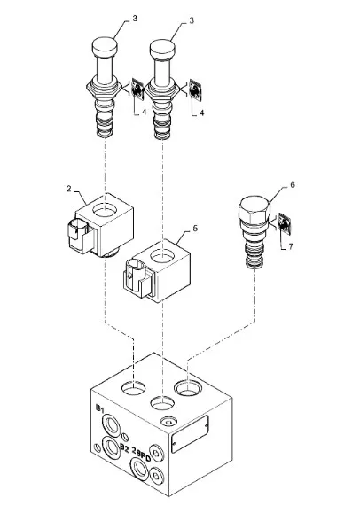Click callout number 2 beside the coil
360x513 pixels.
(68, 189)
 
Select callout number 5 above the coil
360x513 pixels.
(195, 228)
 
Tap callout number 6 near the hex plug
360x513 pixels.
(293, 184)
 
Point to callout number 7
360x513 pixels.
(291, 246)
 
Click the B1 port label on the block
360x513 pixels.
(100, 408)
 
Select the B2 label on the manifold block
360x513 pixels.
(124, 447)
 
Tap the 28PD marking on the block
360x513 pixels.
(141, 455)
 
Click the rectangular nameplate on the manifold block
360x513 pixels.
(190, 434)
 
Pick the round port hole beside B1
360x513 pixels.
(112, 426)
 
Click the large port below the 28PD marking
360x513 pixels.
(139, 469)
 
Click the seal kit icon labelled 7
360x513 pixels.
(285, 224)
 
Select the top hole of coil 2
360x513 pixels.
(105, 210)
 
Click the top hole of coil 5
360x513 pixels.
(163, 255)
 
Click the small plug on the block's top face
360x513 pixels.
(168, 422)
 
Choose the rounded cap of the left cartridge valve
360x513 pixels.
(105, 48)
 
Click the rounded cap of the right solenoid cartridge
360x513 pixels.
(163, 50)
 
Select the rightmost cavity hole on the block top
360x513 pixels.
(188, 388)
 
